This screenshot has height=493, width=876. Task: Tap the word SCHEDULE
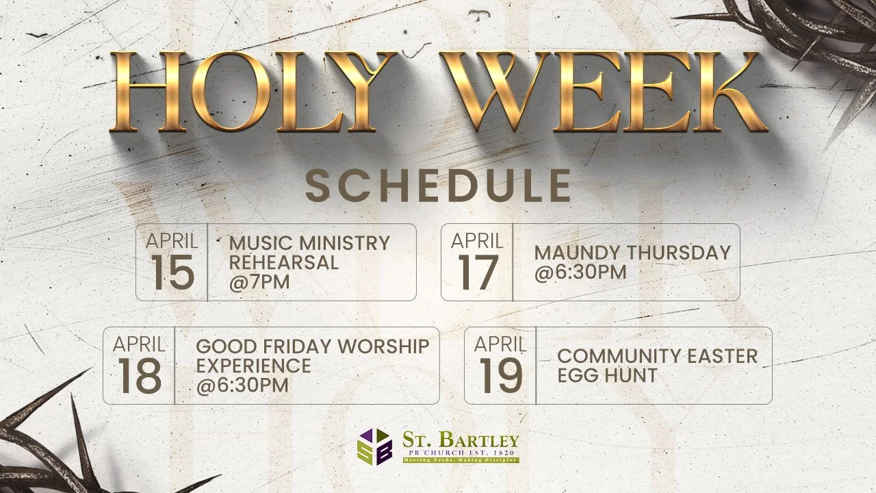(438, 186)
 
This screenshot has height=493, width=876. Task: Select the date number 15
(172, 273)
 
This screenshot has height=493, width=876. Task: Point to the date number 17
(477, 273)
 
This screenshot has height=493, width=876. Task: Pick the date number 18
(140, 376)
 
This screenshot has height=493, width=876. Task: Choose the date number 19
(500, 376)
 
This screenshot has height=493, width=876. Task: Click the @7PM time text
(259, 281)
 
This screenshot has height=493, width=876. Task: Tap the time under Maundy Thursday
(580, 272)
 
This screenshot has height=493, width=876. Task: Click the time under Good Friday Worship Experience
(242, 385)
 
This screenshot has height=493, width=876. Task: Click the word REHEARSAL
(283, 262)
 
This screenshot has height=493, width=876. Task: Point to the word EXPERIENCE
(253, 366)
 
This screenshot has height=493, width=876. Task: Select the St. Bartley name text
(460, 439)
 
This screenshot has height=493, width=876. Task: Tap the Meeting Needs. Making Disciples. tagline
(460, 460)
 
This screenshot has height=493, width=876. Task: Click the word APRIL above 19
(500, 344)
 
